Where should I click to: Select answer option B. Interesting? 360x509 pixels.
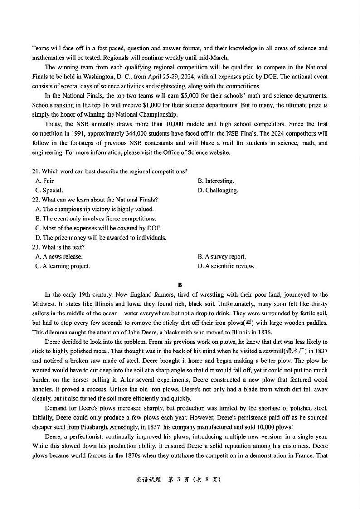(x=215, y=181)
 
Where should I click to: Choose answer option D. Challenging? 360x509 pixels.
(x=218, y=190)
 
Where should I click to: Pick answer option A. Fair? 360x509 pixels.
(x=45, y=181)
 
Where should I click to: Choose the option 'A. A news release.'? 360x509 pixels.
(x=59, y=257)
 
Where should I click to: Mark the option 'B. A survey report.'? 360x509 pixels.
(x=221, y=257)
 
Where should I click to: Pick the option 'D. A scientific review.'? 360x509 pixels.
(x=226, y=266)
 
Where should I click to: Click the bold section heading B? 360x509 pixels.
(x=180, y=285)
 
